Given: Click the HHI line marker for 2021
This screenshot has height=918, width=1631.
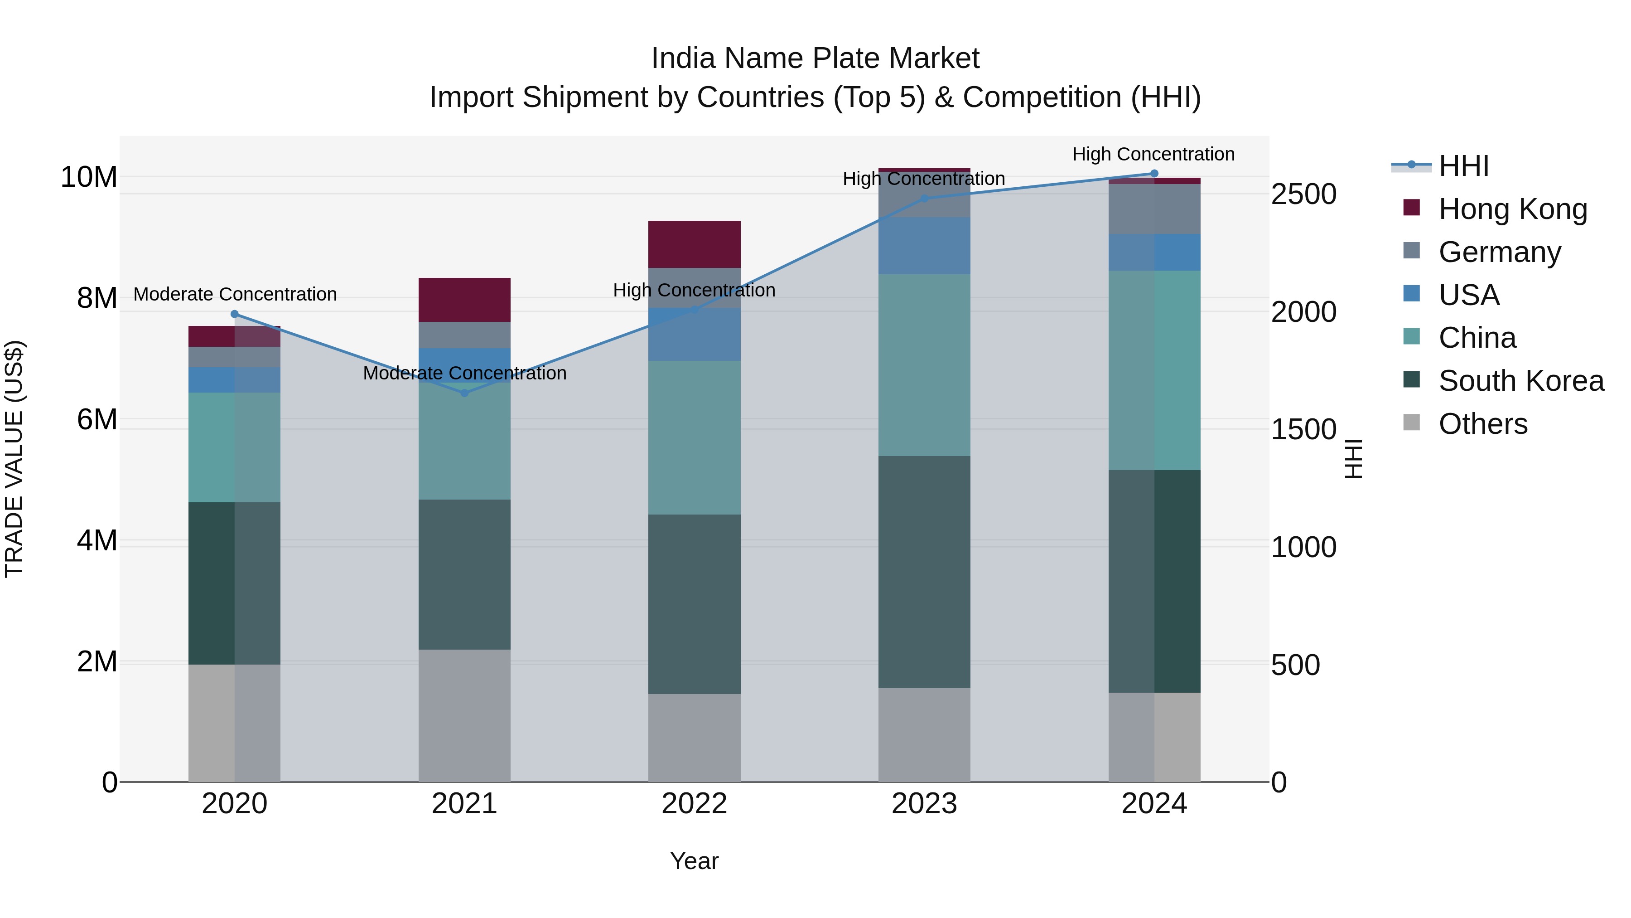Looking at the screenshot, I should pyautogui.click(x=464, y=393).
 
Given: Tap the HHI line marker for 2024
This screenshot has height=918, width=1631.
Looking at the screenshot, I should pyautogui.click(x=1153, y=174).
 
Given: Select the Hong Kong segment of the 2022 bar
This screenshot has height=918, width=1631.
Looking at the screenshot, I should pyautogui.click(x=694, y=244).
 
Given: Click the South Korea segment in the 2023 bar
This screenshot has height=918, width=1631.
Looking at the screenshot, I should pyautogui.click(x=924, y=572).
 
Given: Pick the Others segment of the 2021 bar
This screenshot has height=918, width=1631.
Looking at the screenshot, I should pyautogui.click(x=464, y=715).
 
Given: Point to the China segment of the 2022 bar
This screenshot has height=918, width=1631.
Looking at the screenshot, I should pyautogui.click(x=694, y=437).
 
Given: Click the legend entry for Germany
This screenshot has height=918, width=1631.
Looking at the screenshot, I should pyautogui.click(x=1499, y=252).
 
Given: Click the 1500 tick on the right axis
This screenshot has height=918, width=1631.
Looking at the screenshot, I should pyautogui.click(x=1303, y=430).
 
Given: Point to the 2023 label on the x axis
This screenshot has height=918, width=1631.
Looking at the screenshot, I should pyautogui.click(x=924, y=804).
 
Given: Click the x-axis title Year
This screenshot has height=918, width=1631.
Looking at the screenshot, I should pyautogui.click(x=694, y=861).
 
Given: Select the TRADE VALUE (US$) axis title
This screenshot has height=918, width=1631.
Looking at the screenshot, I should pyautogui.click(x=14, y=459).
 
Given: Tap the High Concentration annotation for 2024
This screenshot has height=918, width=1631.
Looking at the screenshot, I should pyautogui.click(x=1153, y=154).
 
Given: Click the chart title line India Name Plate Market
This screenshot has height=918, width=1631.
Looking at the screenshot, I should pyautogui.click(x=815, y=58).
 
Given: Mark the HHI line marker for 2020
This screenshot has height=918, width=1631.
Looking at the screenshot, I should pyautogui.click(x=234, y=314).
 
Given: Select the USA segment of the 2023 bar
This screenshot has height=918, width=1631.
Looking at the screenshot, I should pyautogui.click(x=924, y=246).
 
